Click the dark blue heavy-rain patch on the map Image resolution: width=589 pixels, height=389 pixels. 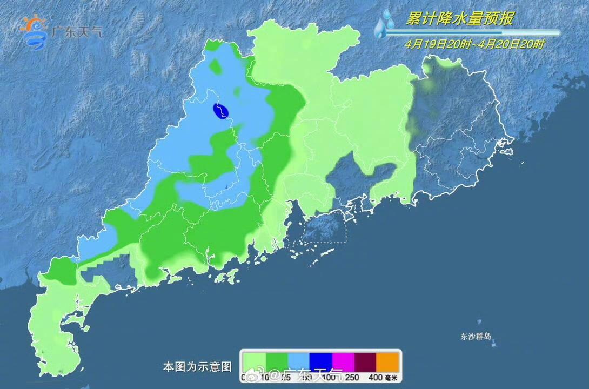click(222, 111)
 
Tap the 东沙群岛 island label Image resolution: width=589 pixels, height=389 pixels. click(476, 336)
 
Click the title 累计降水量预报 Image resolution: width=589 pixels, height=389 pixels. click(460, 19)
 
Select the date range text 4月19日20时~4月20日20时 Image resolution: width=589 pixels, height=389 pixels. click(475, 45)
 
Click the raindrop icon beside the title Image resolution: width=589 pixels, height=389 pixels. click(385, 25)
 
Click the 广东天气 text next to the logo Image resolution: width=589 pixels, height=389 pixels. click(76, 32)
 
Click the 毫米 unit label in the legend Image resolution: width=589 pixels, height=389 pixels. click(392, 378)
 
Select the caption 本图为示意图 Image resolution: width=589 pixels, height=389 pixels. click(197, 367)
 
